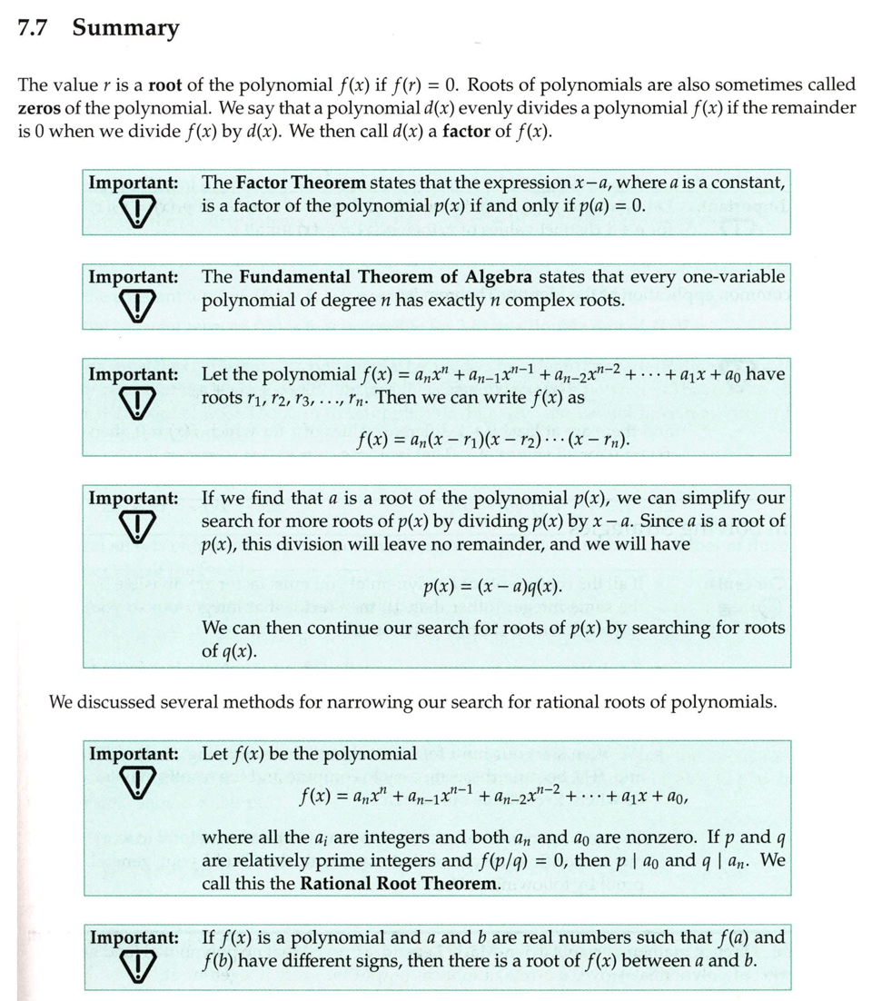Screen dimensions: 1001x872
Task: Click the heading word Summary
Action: pyautogui.click(x=125, y=28)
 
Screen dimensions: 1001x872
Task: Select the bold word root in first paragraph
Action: pyautogui.click(x=165, y=84)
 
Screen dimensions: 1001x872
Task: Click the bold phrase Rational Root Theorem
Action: pyautogui.click(x=401, y=882)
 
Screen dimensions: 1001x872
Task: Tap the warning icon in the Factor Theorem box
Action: pyautogui.click(x=134, y=212)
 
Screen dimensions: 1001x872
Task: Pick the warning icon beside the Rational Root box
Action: pyautogui.click(x=134, y=783)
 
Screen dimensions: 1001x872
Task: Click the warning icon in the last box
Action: pyautogui.click(x=134, y=966)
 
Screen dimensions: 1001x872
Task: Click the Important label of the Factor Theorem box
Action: pyautogui.click(x=133, y=182)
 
